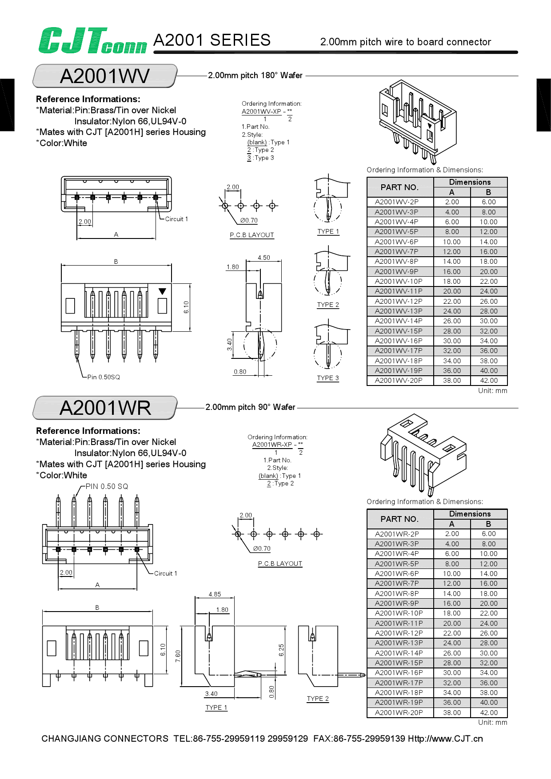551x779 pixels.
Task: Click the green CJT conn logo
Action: coord(92,41)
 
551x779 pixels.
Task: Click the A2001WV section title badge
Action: coord(105,76)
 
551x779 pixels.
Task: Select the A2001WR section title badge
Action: coord(105,408)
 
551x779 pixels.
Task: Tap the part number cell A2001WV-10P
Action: coord(399,281)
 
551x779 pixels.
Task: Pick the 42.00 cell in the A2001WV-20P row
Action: coord(488,381)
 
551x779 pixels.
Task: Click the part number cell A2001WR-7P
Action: coord(397,583)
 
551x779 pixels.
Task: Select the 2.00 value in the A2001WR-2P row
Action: coord(452,534)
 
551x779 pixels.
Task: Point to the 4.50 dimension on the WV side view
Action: coord(264,258)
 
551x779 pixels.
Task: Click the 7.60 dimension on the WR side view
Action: coord(178,656)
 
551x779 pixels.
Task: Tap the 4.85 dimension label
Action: coord(215,594)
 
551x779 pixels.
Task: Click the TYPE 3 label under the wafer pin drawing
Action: coord(328,378)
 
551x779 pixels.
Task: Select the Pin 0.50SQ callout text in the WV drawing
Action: coord(104,377)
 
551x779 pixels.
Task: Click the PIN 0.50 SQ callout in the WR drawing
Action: coord(107,486)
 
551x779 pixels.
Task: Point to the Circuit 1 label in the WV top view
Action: coord(176,219)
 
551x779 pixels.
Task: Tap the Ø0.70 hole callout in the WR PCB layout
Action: coord(262,548)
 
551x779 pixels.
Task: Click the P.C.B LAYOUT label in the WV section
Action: coord(252,235)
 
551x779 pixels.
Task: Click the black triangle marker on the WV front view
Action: coord(162,291)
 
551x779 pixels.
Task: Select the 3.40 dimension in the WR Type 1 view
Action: coord(212,694)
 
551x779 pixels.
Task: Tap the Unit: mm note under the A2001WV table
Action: coord(492,391)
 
